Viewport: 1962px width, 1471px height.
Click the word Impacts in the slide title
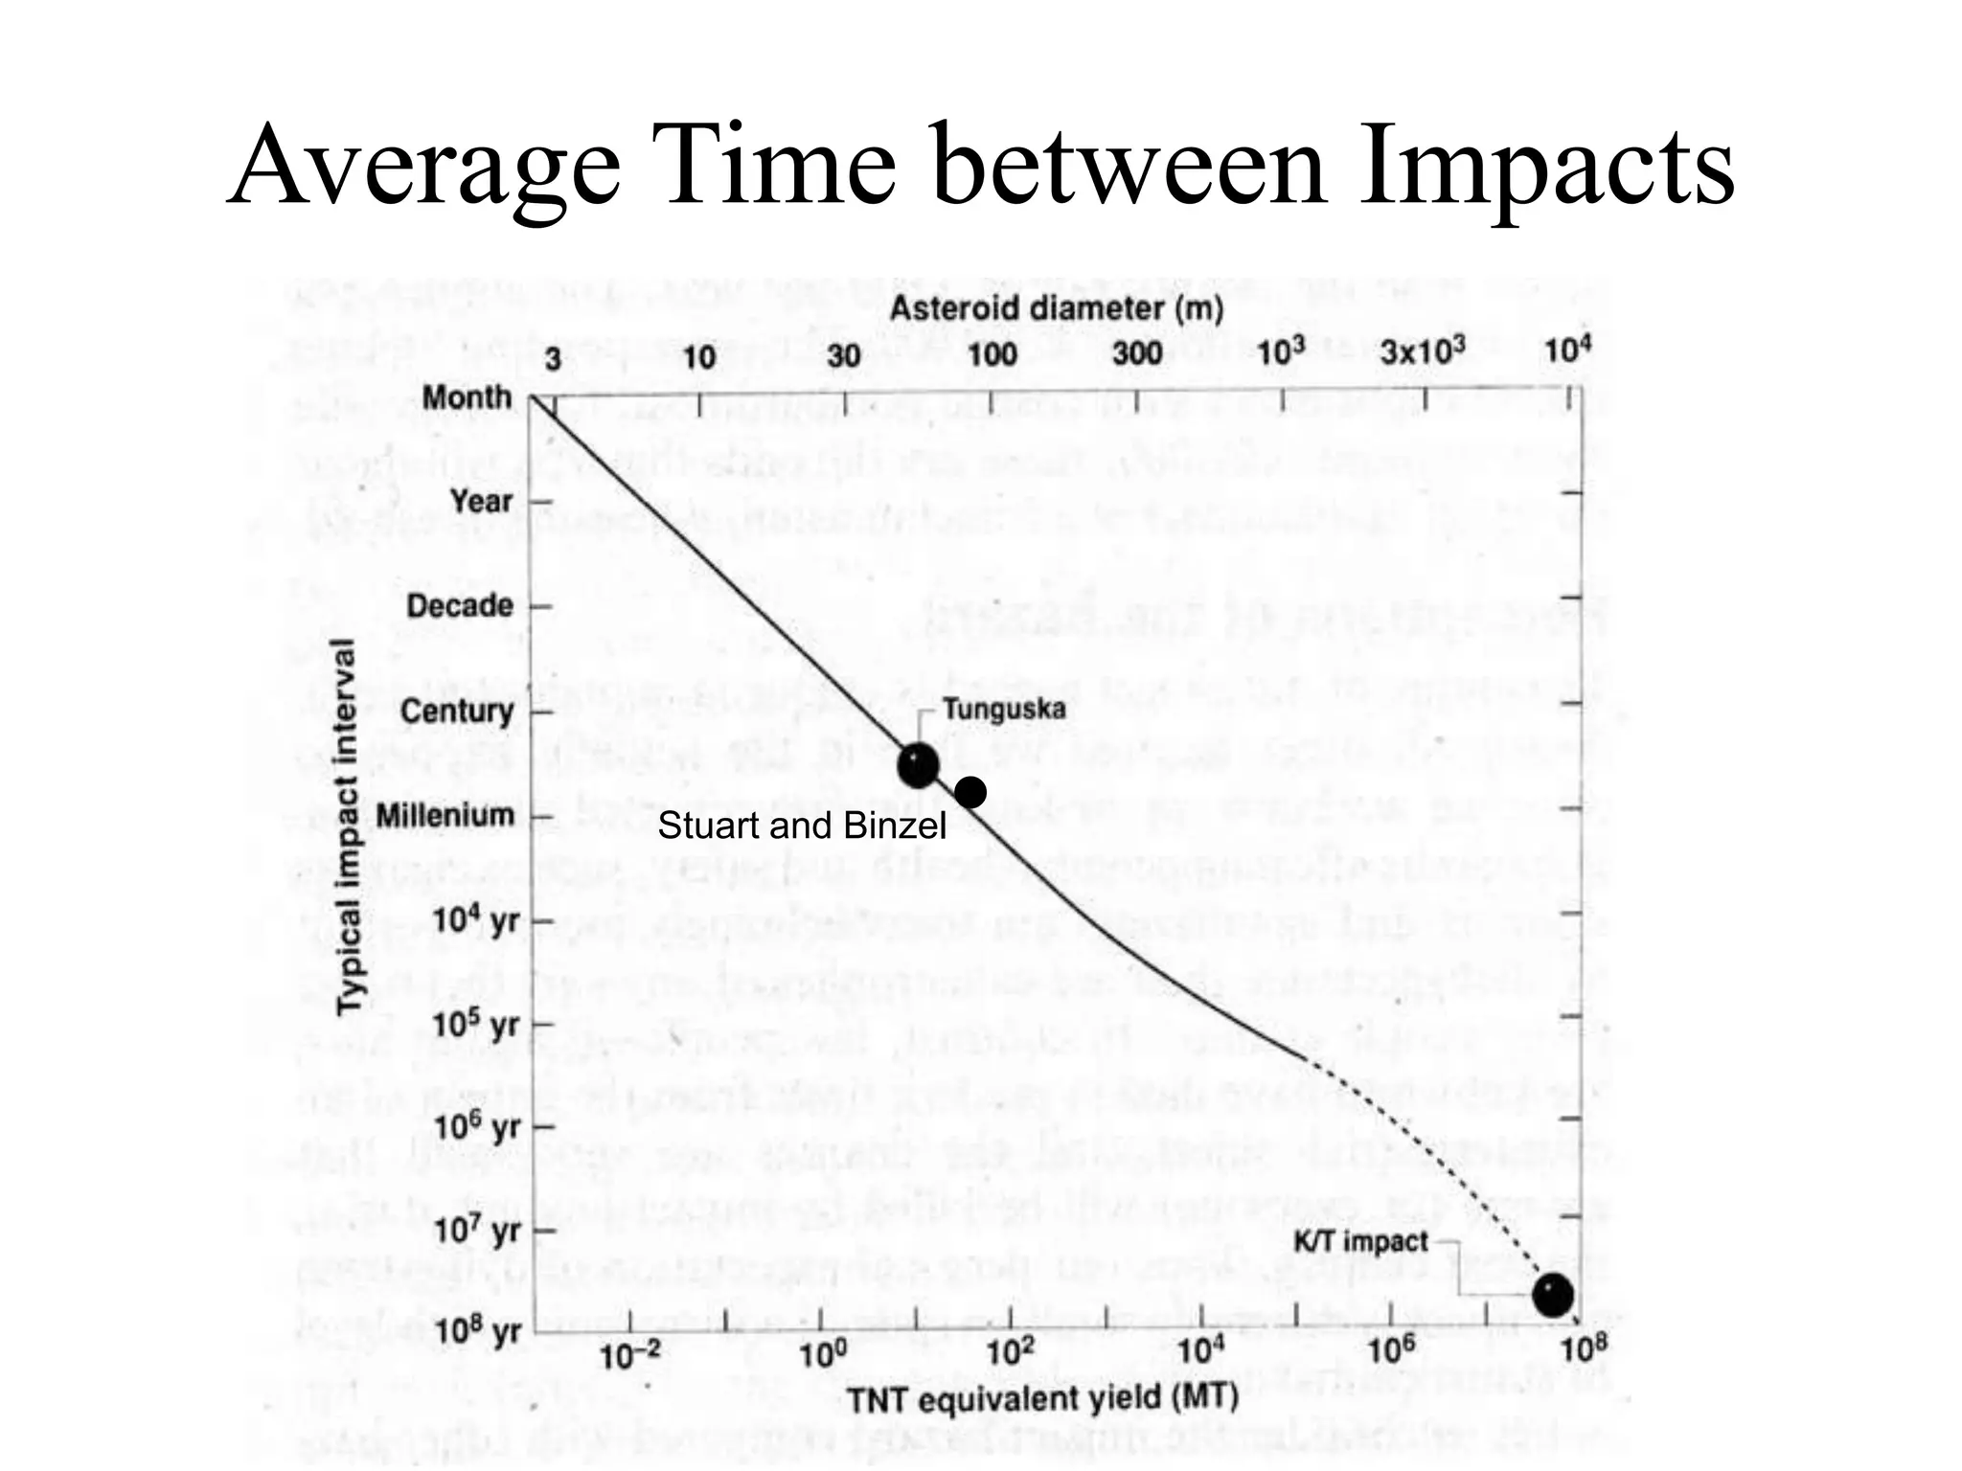click(x=1544, y=165)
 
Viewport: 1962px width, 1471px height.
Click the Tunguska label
click(x=1003, y=710)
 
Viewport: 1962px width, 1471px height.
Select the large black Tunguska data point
click(x=918, y=765)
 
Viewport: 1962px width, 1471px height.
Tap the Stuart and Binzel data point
click(x=970, y=792)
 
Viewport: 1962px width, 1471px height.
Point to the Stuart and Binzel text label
click(x=801, y=826)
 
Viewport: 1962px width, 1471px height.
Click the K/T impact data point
click(x=1552, y=1295)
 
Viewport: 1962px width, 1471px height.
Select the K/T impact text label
click(x=1360, y=1242)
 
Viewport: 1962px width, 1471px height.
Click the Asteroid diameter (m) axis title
click(x=1056, y=308)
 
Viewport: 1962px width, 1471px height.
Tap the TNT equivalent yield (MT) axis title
click(x=1042, y=1398)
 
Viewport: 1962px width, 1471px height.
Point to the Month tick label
click(x=468, y=397)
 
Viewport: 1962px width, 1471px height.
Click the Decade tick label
click(x=460, y=605)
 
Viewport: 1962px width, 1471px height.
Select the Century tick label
click(x=457, y=711)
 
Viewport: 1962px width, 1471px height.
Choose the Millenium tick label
click(x=445, y=816)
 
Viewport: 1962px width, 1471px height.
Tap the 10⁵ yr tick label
click(x=476, y=1025)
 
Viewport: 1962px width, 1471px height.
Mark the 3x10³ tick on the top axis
click(x=1423, y=353)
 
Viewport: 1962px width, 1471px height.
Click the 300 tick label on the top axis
click(x=1136, y=354)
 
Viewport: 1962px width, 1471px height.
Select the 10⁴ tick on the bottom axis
click(x=1199, y=1352)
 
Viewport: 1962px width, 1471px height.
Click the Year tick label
click(x=481, y=501)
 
